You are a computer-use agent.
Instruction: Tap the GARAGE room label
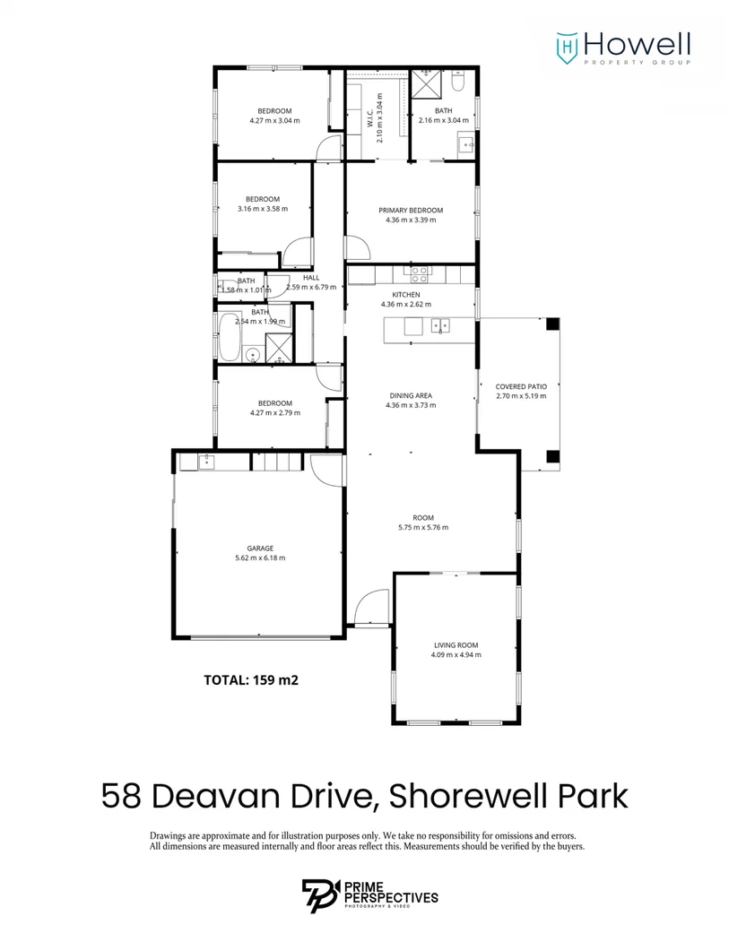(260, 548)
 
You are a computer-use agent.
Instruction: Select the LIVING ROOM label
(456, 644)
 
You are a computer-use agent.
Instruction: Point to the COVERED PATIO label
(521, 386)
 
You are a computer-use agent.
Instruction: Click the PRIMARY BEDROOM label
(411, 211)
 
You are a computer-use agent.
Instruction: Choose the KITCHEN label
(405, 295)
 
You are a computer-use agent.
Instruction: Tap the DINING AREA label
(411, 395)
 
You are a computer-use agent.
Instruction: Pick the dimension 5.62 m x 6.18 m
(260, 557)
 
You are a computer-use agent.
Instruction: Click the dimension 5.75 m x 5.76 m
(423, 528)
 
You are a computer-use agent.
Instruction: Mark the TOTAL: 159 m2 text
(251, 680)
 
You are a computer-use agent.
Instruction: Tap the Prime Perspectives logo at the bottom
(369, 896)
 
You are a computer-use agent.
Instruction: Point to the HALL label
(311, 278)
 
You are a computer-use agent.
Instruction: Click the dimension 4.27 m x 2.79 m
(274, 413)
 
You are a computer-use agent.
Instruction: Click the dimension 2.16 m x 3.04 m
(444, 120)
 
